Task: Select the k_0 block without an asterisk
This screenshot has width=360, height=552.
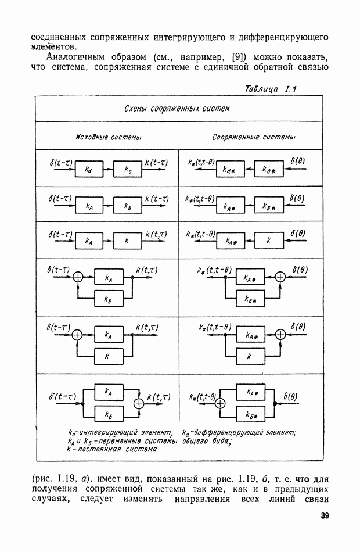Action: pyautogui.click(x=129, y=170)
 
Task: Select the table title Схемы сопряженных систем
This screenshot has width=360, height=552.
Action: pyautogui.click(x=177, y=109)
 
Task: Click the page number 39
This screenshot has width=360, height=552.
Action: pyautogui.click(x=324, y=516)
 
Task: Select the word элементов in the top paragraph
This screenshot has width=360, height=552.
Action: pyautogui.click(x=53, y=46)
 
